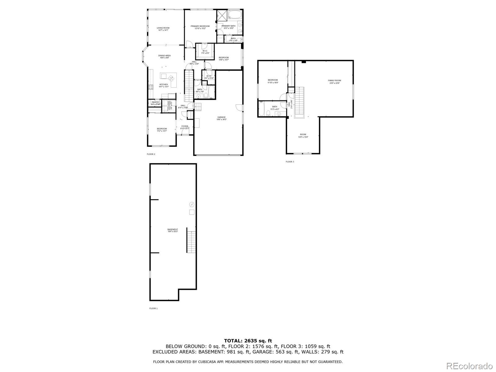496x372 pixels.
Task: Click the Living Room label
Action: (x=163, y=29)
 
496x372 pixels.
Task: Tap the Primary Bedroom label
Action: (x=200, y=27)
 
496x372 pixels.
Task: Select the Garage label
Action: (x=221, y=118)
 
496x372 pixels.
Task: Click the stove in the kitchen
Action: (x=151, y=87)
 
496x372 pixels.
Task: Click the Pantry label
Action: (x=155, y=103)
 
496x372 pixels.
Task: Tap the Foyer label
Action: (x=184, y=127)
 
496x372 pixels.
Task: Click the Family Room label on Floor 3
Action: (x=334, y=82)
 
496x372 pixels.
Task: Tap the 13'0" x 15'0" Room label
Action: (x=303, y=135)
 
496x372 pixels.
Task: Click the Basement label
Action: (x=173, y=230)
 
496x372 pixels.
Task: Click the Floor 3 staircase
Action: (x=299, y=101)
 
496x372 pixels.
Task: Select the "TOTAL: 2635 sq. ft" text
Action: (x=248, y=341)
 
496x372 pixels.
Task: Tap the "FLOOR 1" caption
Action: (x=153, y=308)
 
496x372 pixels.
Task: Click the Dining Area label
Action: (x=164, y=56)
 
